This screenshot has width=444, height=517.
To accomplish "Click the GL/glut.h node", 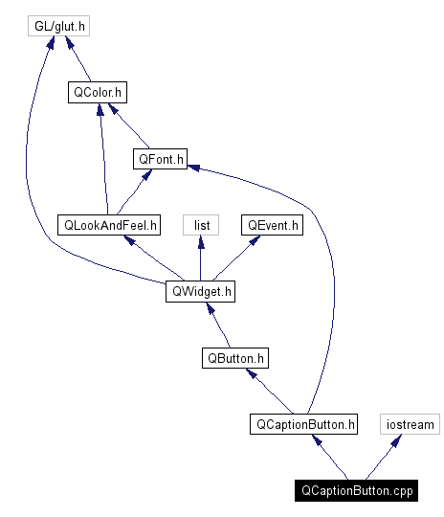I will (x=57, y=27).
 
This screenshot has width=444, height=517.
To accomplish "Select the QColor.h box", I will (x=99, y=93).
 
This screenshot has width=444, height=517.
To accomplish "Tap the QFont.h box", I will (x=160, y=159).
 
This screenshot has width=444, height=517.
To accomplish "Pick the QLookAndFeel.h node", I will (x=108, y=225).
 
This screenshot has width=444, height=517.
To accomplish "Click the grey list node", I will (x=201, y=225).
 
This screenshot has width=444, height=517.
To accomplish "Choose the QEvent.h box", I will (x=273, y=225).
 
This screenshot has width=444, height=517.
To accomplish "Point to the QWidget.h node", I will (x=200, y=291).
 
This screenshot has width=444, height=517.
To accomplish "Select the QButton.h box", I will (x=235, y=358).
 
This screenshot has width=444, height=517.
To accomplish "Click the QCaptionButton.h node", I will (x=303, y=423).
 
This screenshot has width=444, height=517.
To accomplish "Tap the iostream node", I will (x=410, y=423).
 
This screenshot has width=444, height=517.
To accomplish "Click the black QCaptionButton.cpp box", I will (x=357, y=489).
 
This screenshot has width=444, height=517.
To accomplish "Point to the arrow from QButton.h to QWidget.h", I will (x=218, y=325).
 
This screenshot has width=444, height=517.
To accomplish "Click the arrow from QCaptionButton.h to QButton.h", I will (x=270, y=391).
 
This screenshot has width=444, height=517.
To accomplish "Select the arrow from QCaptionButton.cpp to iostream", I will (x=384, y=457).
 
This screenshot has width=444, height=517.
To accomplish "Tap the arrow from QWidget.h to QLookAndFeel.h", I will (x=153, y=258).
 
